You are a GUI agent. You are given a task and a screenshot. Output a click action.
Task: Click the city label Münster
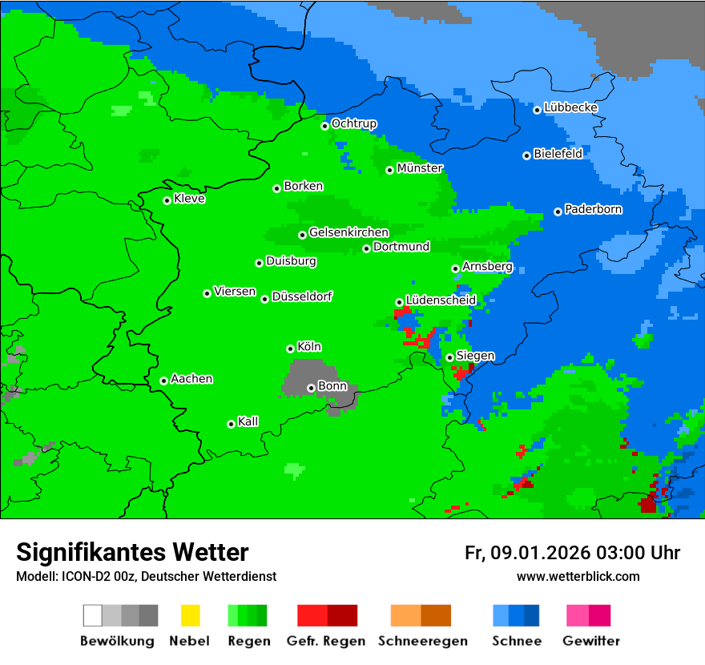[420, 168]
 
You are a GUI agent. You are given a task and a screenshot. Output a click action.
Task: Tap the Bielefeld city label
[558, 154]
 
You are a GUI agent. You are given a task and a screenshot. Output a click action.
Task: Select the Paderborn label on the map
[593, 210]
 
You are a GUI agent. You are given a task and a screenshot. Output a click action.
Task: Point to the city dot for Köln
[290, 349]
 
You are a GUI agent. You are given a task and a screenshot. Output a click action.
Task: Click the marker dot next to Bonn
[312, 388]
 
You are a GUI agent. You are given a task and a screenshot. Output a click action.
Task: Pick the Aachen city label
[191, 379]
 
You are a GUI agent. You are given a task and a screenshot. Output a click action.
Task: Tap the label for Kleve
[189, 199]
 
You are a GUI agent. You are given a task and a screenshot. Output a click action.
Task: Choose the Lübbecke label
[570, 107]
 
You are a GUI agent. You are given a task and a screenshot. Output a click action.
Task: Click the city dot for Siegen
[450, 357]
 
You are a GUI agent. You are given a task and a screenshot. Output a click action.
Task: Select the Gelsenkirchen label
[348, 233]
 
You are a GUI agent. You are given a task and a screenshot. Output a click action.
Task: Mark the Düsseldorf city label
[302, 296]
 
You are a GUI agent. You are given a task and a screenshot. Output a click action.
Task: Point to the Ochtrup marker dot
[325, 126]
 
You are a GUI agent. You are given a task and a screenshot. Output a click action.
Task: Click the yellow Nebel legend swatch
[190, 615]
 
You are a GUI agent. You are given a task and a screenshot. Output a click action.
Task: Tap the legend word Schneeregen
[421, 641]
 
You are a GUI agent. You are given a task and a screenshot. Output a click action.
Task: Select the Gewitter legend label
[591, 641]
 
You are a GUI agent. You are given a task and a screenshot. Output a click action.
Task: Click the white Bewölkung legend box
[93, 615]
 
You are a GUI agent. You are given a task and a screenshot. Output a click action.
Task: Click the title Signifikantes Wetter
[132, 552]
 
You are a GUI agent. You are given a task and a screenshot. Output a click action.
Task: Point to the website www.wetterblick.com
[578, 576]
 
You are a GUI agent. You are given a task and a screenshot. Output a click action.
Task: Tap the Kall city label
[248, 421]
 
